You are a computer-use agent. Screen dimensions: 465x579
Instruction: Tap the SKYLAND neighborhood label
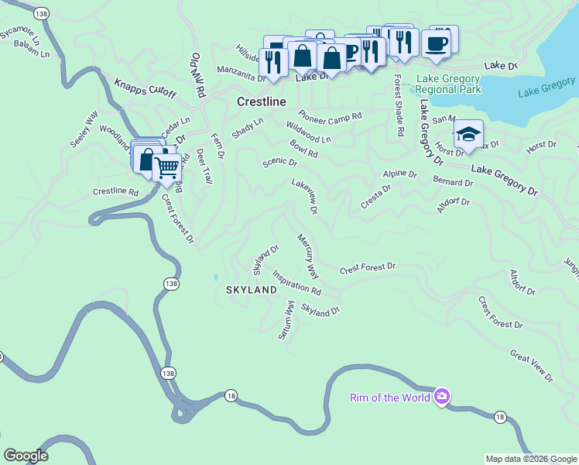tap(251, 290)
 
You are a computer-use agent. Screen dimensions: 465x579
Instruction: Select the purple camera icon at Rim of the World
tap(441, 398)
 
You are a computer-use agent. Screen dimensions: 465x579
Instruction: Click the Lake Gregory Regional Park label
tap(448, 84)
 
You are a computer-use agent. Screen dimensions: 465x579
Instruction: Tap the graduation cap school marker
tap(468, 135)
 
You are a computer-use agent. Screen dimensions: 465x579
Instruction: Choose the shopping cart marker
tap(166, 167)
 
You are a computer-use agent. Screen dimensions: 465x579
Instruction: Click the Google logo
tap(25, 456)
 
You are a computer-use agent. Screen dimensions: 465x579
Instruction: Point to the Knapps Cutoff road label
tap(146, 88)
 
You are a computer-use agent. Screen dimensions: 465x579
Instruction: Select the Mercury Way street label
tap(307, 257)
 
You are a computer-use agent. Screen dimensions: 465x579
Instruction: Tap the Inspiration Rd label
tap(296, 282)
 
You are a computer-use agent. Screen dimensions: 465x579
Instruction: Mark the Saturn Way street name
tap(286, 320)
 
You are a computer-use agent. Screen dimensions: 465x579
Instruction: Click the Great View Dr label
tap(531, 366)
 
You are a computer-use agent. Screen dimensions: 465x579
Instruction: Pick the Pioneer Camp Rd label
tap(331, 115)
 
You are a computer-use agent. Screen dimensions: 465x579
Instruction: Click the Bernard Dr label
tap(453, 182)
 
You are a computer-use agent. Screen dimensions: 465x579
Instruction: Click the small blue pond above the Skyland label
tap(216, 276)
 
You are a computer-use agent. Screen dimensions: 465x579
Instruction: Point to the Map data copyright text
tap(531, 459)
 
